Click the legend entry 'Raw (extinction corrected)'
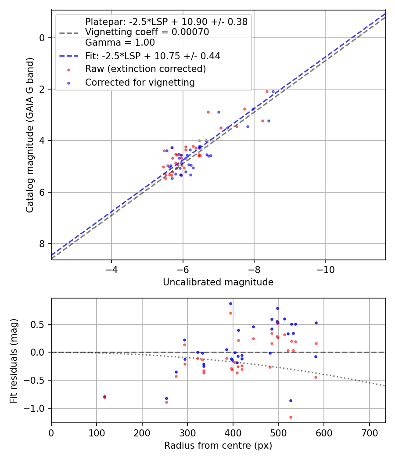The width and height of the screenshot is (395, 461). tap(145, 69)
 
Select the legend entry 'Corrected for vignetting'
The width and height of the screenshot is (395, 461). tap(140, 82)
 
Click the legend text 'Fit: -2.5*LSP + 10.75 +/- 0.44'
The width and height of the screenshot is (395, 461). tap(152, 56)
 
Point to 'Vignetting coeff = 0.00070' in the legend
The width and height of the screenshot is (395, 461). tap(147, 32)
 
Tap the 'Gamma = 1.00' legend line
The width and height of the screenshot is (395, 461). tap(120, 43)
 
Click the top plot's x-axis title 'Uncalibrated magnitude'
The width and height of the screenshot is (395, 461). tap(218, 282)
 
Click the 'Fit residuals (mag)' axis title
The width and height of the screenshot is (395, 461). tap(14, 360)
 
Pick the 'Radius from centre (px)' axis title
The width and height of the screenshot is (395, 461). tap(218, 446)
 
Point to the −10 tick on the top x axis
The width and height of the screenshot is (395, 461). tap(325, 269)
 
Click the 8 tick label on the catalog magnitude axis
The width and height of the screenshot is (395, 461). tap(42, 244)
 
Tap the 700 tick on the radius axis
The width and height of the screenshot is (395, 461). tap(369, 432)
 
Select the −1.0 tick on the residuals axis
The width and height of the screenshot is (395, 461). tap(38, 408)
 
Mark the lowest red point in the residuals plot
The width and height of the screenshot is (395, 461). tap(291, 417)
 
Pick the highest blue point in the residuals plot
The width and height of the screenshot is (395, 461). tap(230, 303)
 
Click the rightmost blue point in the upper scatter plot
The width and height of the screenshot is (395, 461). tap(273, 91)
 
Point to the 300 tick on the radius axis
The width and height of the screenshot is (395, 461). tap(187, 432)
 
